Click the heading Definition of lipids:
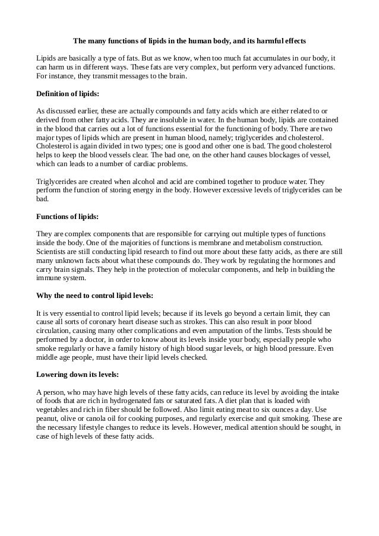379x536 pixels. pos(68,94)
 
